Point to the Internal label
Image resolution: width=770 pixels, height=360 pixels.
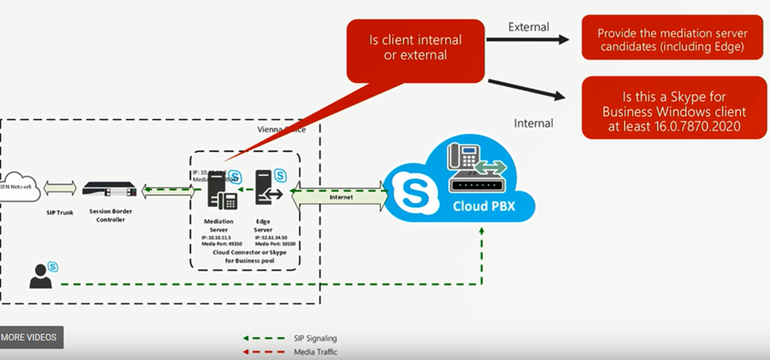(x=533, y=123)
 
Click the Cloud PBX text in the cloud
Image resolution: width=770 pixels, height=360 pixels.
(x=484, y=205)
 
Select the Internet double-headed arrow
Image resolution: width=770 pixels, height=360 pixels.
(x=341, y=197)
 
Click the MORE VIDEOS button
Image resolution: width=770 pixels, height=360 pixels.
(x=32, y=337)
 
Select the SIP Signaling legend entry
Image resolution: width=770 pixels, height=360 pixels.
(x=292, y=338)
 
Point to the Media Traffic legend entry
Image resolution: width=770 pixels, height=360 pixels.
(x=292, y=351)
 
